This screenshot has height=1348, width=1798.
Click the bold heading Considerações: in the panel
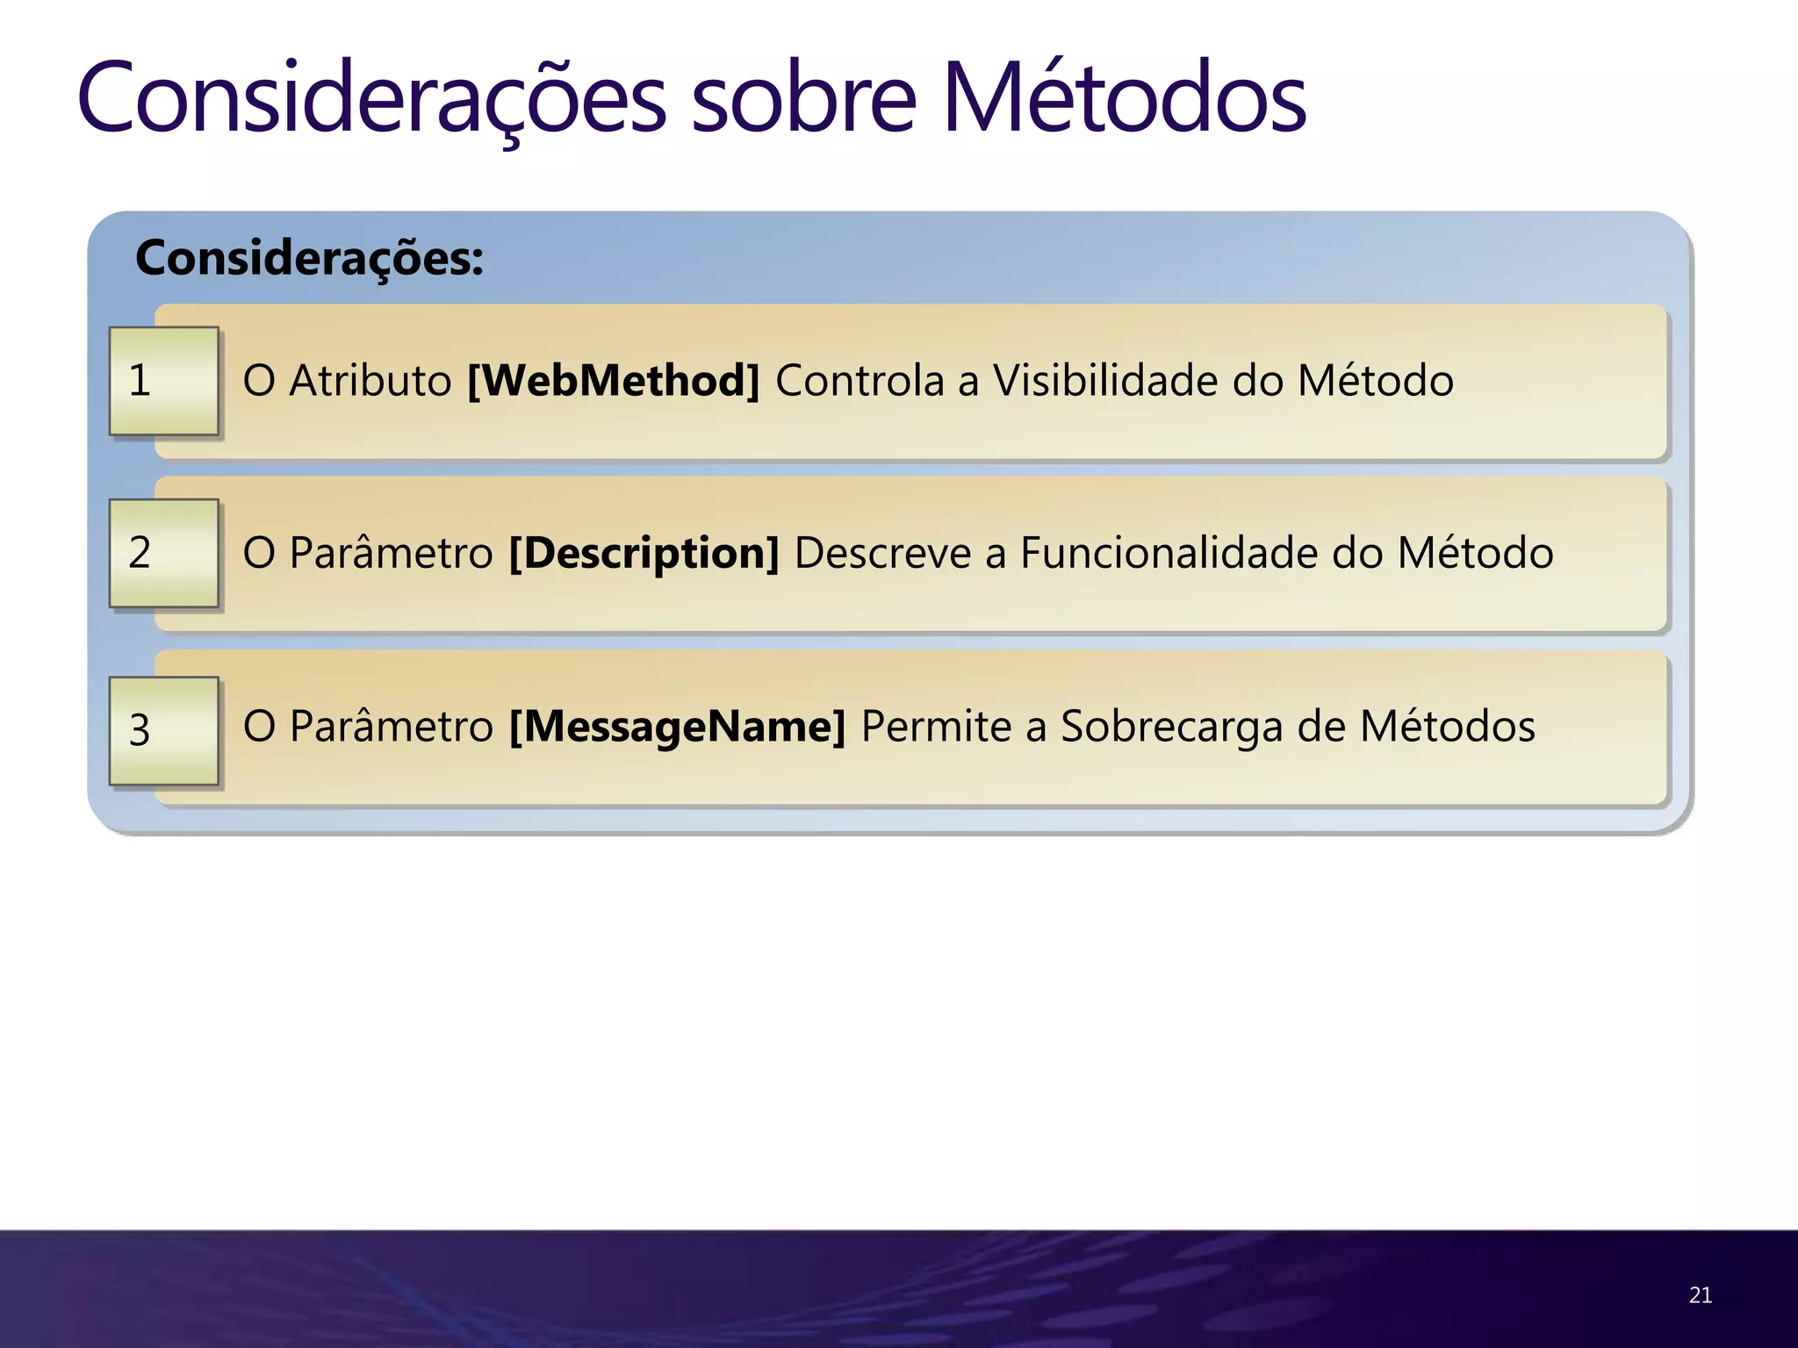[309, 258]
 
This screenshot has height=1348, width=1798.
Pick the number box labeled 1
[164, 381]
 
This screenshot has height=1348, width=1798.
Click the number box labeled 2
[164, 553]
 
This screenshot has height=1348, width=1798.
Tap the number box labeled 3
[164, 730]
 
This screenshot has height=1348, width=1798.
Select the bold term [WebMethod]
[613, 381]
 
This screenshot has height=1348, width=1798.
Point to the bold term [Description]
[644, 553]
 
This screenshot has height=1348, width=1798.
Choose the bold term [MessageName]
[677, 727]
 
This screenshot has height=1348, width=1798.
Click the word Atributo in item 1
[370, 381]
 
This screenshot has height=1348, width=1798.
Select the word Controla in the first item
[859, 381]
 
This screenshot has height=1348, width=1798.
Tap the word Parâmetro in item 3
[392, 727]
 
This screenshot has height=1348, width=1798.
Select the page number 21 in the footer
[1700, 1295]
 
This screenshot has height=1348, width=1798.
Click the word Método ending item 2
[1475, 553]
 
